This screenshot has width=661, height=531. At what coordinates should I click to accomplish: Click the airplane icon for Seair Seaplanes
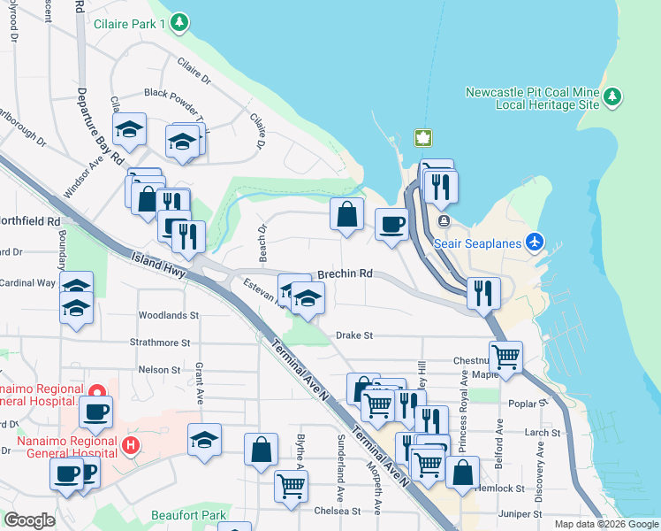coord(534,241)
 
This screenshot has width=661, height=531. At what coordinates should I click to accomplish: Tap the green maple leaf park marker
coord(422,138)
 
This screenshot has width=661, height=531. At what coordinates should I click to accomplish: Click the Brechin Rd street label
coord(345,274)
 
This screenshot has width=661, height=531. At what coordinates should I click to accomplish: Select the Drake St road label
coord(355,335)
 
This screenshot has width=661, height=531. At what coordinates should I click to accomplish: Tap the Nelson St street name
coord(159,369)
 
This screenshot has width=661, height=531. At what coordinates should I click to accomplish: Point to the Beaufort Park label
coord(190,515)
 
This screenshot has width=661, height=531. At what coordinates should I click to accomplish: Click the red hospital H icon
coord(131,443)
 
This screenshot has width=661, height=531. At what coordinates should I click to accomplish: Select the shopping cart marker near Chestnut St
coord(505,357)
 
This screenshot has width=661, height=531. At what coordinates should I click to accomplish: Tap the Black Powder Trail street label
coord(176,93)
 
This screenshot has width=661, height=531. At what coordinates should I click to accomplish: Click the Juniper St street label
coord(520,514)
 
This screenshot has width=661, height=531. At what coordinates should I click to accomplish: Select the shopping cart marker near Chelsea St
coord(291,485)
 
